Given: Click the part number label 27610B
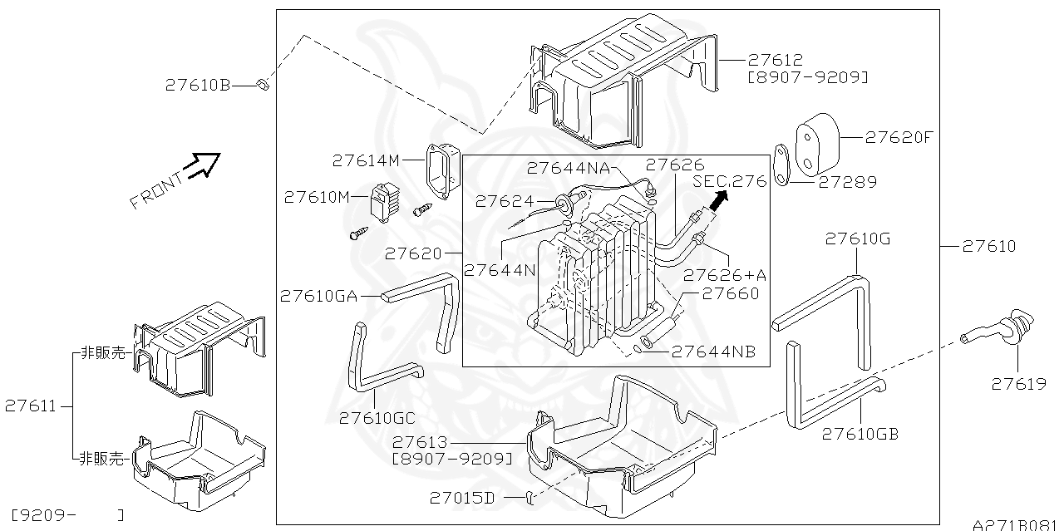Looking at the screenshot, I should click(x=197, y=84).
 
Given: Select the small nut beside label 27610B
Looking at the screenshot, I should click(x=260, y=84).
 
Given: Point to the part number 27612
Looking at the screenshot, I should click(x=775, y=60).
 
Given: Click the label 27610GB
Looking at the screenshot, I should click(x=860, y=434).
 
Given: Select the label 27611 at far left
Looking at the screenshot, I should click(x=31, y=406).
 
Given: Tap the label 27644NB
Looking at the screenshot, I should click(x=713, y=352).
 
